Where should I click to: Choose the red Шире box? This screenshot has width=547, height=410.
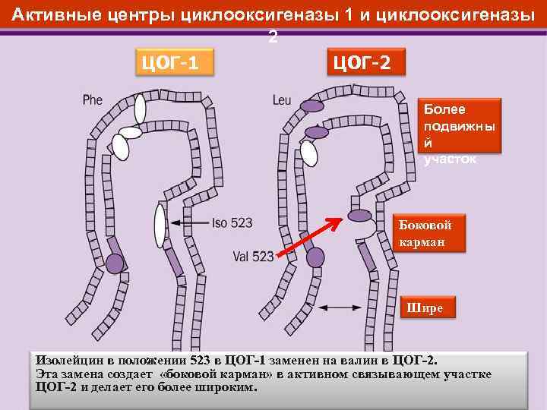(428, 307)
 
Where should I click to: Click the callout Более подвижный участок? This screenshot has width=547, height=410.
(460, 133)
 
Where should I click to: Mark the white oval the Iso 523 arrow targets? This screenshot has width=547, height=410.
(160, 225)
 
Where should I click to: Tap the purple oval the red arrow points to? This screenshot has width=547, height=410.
(360, 215)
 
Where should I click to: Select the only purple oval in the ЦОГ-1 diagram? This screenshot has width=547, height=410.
(114, 263)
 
